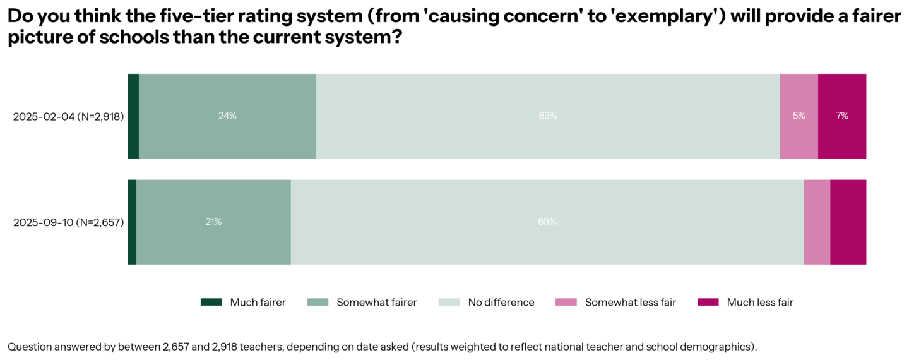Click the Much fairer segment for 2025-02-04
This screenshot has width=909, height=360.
[133, 116]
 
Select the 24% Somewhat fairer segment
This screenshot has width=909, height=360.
[227, 116]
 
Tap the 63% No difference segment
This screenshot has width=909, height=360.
[547, 116]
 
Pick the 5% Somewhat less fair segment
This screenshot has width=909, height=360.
[799, 116]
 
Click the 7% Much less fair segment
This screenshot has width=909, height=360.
[842, 116]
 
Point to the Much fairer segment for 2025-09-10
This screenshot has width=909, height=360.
[132, 222]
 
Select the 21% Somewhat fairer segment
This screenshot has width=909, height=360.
[213, 222]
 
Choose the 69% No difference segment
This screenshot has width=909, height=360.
[547, 222]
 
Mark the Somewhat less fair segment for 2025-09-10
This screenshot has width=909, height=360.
[817, 222]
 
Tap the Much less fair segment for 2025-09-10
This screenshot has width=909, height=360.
[848, 222]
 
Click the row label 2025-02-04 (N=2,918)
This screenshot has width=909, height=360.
[68, 116]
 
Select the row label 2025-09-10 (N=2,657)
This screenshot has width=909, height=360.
[68, 222]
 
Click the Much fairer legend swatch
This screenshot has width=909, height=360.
[211, 302]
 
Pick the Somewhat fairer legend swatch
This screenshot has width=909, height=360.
[318, 302]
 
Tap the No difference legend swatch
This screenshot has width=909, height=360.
[449, 302]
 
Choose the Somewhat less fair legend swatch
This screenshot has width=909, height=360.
[566, 302]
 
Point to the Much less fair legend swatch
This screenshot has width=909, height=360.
[708, 302]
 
